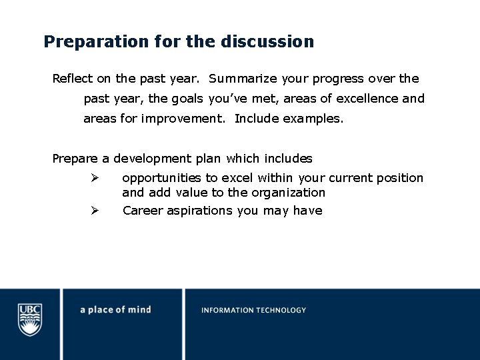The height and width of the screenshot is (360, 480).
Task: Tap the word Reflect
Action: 73,79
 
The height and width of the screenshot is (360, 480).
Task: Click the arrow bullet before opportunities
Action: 95,178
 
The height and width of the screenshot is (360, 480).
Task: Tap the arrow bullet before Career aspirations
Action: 95,211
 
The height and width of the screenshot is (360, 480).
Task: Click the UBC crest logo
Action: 30,319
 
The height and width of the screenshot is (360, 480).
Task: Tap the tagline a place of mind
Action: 115,310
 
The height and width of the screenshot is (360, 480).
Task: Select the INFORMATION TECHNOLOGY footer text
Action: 254,310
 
